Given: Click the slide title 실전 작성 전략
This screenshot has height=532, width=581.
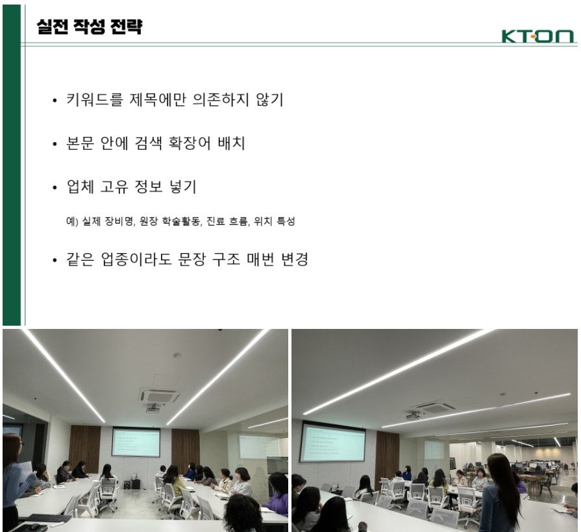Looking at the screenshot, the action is (x=90, y=27).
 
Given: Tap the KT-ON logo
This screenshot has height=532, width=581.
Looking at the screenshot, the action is (x=538, y=36).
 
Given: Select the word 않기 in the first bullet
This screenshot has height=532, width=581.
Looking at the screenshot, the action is (x=269, y=100).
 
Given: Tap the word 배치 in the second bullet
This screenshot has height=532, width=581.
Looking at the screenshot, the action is (x=231, y=143).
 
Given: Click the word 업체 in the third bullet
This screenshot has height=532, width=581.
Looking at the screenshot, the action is (x=80, y=187).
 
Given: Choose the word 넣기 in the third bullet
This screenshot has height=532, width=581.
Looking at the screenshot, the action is (x=182, y=187).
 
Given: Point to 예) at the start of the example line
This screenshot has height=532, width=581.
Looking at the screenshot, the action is (x=72, y=221).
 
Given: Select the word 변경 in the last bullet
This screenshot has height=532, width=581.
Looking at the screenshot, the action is (x=295, y=259).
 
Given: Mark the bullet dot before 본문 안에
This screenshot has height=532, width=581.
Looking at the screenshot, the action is (x=55, y=144).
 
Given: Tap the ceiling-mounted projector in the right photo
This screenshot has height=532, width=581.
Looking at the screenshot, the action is (x=414, y=416).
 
